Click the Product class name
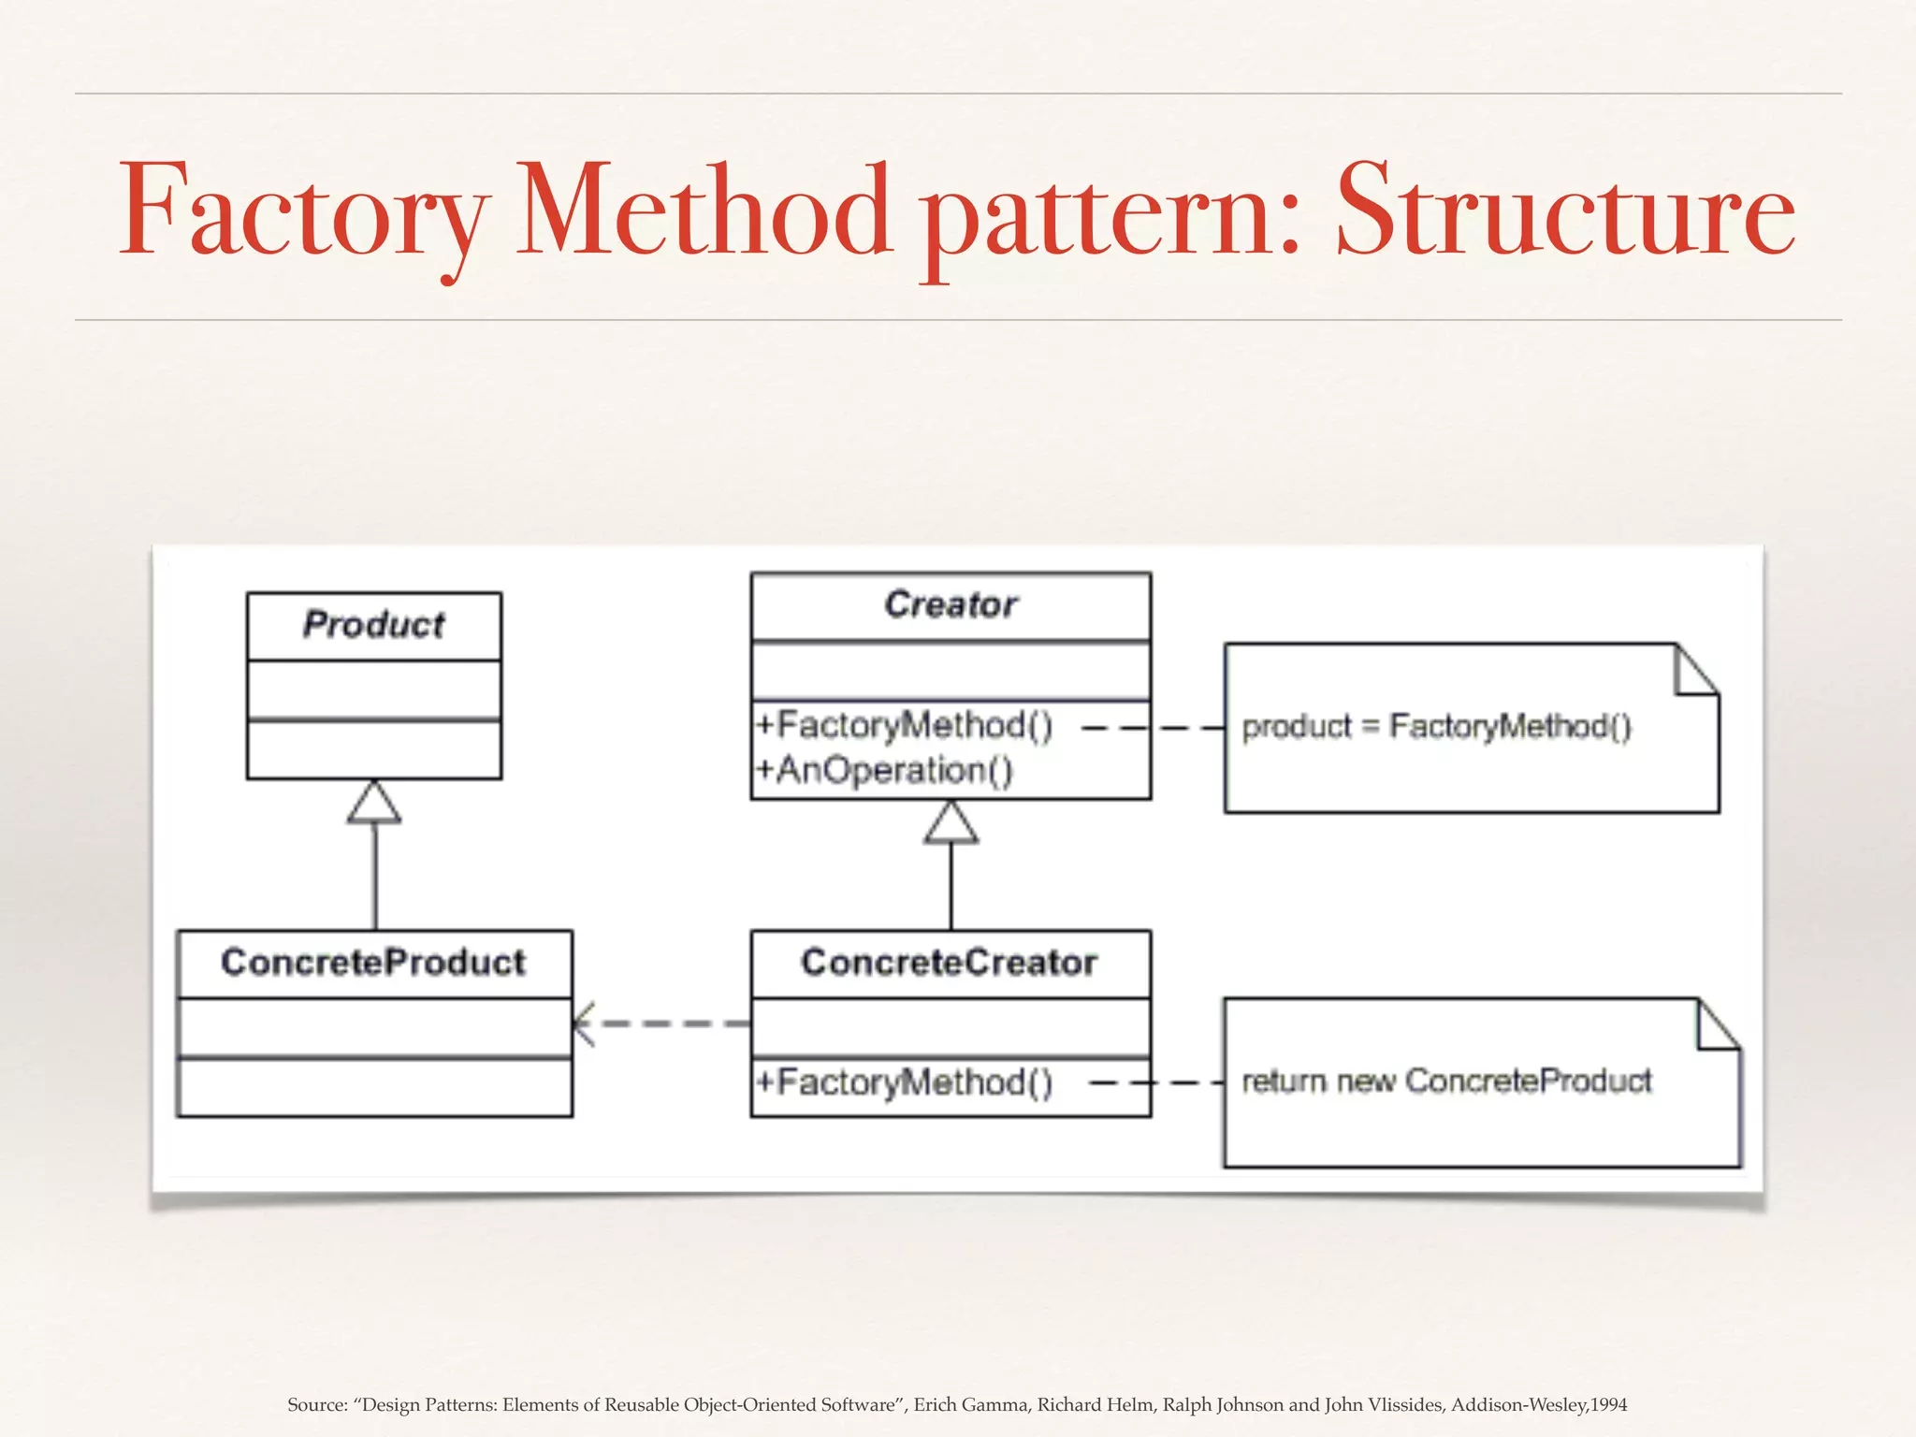(373, 625)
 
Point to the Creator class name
(951, 605)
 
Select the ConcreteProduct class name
(373, 963)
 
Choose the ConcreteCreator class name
(949, 963)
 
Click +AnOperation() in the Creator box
(885, 771)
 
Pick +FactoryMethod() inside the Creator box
(905, 726)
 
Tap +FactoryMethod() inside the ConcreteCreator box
(905, 1082)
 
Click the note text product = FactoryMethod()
(1436, 727)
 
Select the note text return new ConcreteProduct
(1446, 1081)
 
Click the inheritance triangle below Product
(374, 805)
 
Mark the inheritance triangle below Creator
(951, 825)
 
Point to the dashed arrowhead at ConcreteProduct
(582, 1023)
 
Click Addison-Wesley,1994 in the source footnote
(1538, 1405)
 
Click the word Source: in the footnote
(317, 1405)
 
